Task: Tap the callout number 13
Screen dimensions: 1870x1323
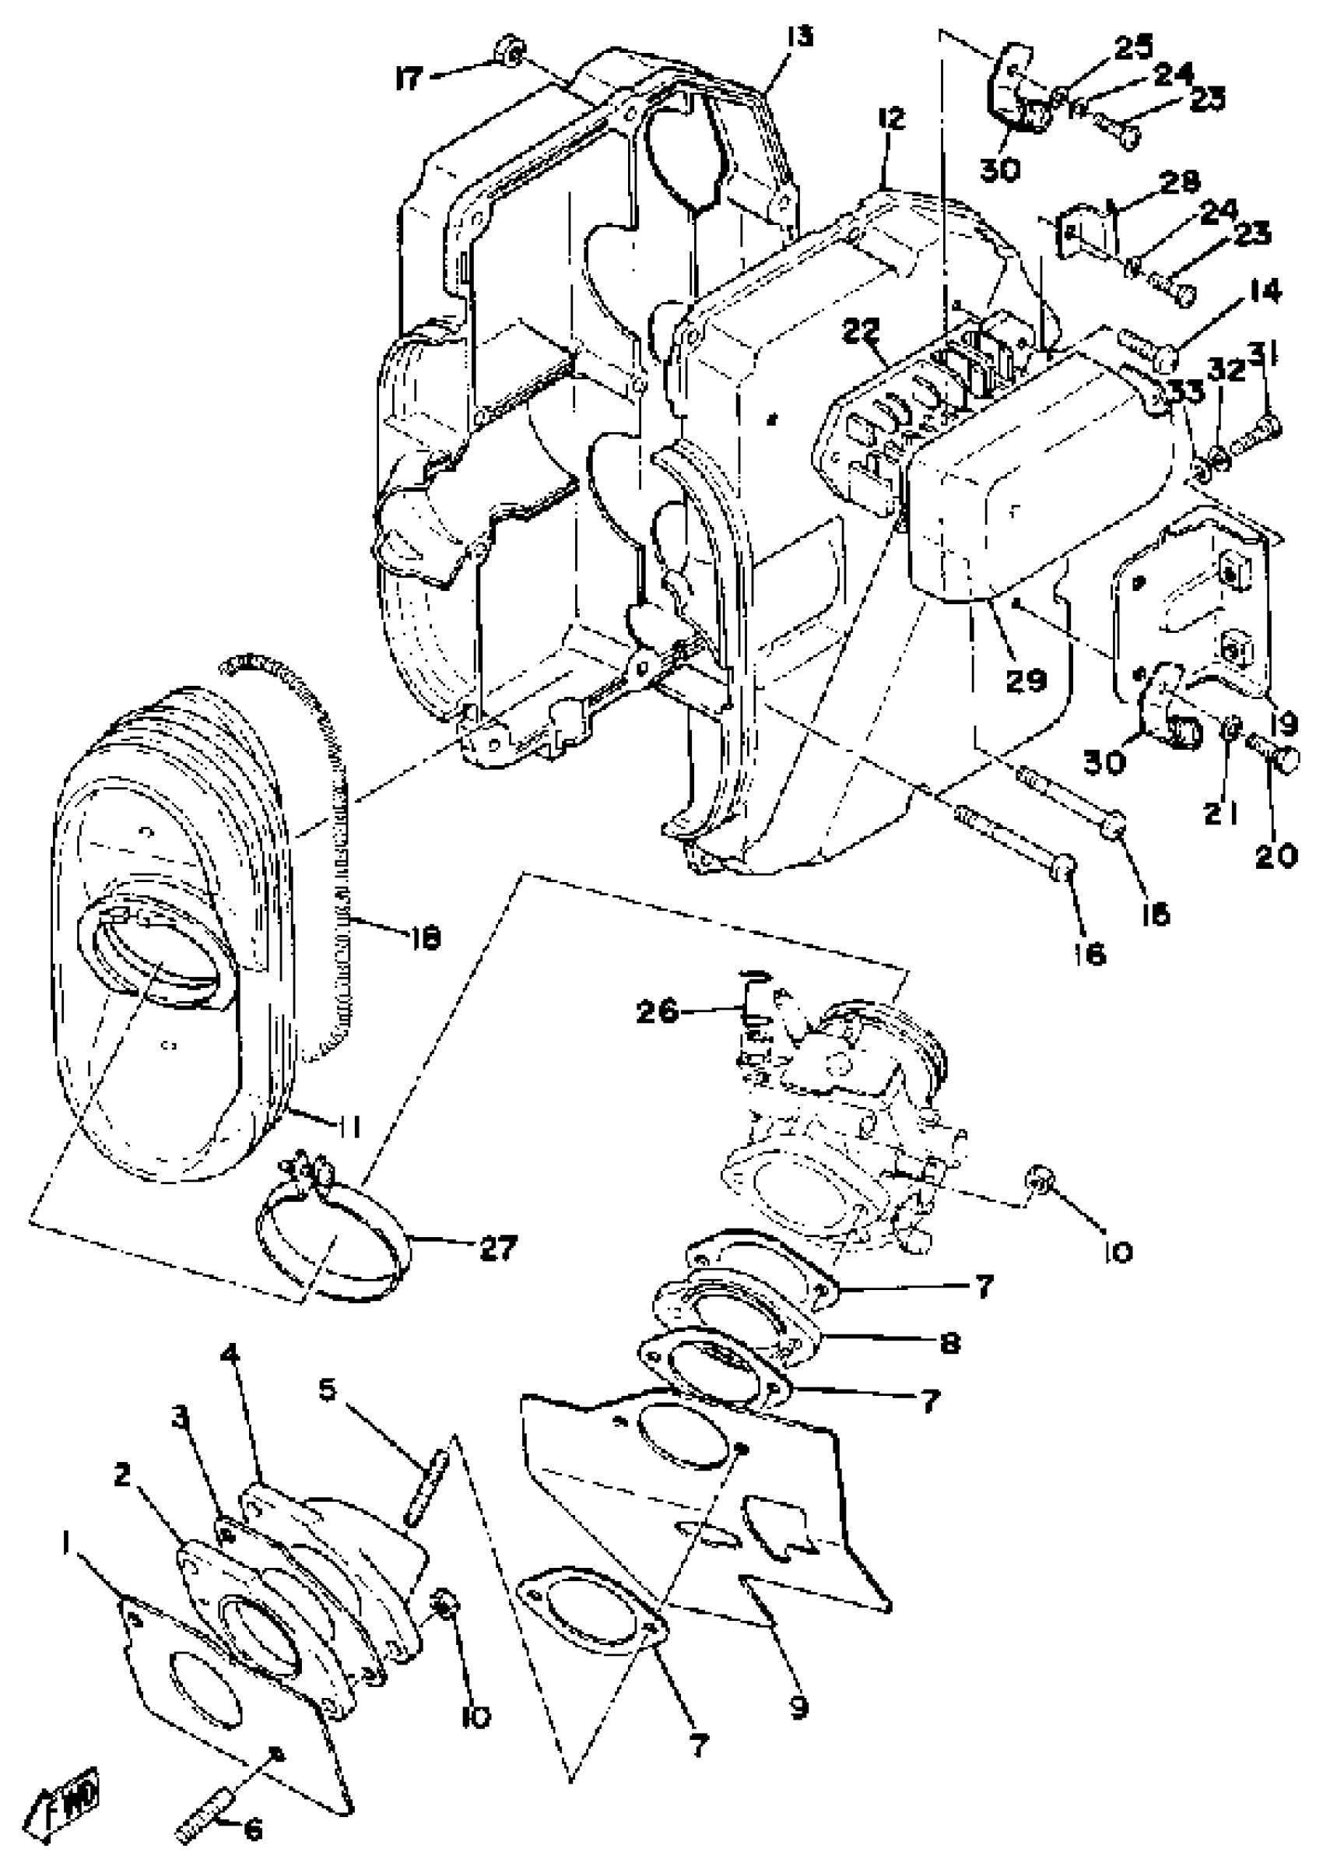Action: click(800, 37)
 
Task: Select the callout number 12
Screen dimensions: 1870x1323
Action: click(891, 121)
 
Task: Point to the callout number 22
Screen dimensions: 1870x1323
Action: click(861, 331)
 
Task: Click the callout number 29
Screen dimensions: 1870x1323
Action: click(1025, 680)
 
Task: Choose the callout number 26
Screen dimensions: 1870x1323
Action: click(657, 1011)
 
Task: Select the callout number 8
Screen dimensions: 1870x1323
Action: click(949, 1342)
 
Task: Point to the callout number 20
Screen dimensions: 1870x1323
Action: click(1276, 856)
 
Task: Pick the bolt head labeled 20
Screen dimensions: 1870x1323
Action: click(1282, 757)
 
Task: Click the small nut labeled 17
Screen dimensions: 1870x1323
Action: click(511, 51)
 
